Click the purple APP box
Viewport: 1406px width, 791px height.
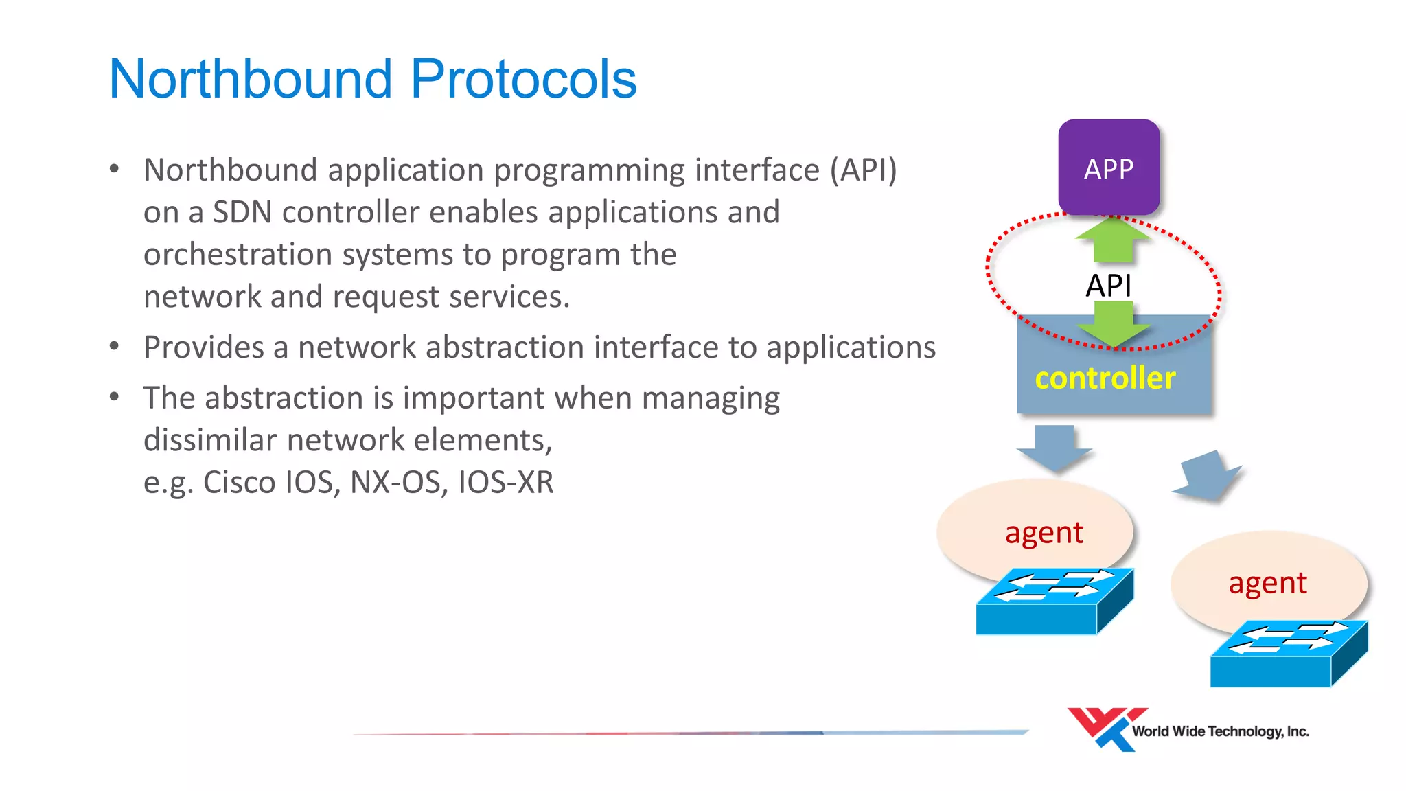tap(1109, 168)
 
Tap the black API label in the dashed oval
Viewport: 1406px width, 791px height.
tap(1108, 285)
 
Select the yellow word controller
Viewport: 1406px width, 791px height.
tap(1105, 378)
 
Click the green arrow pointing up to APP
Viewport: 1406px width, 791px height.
tap(1112, 240)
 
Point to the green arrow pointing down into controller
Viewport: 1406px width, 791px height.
tap(1112, 325)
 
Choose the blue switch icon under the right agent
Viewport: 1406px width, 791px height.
tap(1288, 654)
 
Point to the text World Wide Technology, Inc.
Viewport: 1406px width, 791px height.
tap(1220, 731)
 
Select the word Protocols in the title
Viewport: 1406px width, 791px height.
tap(524, 79)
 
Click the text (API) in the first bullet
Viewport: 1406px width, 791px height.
tap(863, 170)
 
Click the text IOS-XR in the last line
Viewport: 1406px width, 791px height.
tap(505, 482)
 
